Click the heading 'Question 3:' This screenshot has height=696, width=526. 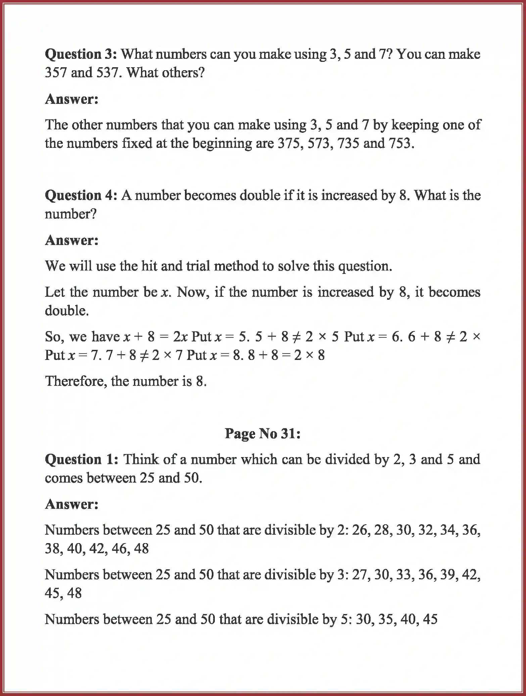pos(81,54)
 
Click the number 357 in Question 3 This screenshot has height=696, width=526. pos(56,73)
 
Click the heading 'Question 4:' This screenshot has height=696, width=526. pos(81,195)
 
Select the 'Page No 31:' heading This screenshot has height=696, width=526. pos(262,434)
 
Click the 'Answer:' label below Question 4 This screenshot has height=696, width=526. pos(72,240)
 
